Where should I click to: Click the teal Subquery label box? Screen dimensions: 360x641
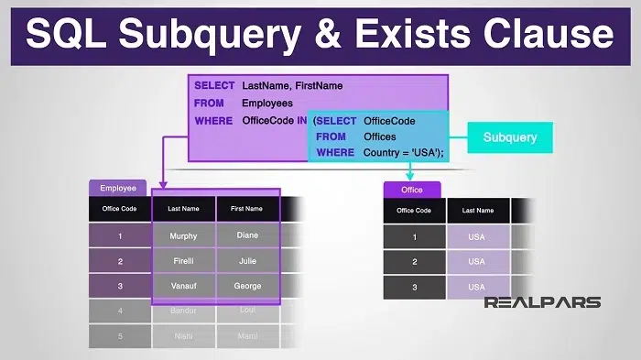[x=510, y=138]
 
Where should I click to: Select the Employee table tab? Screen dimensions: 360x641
[x=117, y=188]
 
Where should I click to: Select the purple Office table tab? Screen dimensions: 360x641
[x=412, y=190]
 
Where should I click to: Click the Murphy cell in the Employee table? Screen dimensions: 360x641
[x=183, y=235]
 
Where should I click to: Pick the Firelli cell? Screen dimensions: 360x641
[x=183, y=261]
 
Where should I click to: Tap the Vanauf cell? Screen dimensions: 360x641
[x=183, y=286]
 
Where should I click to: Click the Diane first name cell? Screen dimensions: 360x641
[x=246, y=235]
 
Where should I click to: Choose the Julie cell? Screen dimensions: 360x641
[x=246, y=261]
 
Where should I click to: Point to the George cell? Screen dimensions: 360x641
[x=246, y=286]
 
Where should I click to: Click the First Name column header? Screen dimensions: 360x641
[x=246, y=209]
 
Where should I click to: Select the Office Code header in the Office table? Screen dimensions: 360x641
[x=413, y=211]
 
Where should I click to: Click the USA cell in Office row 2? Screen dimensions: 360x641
[x=477, y=262]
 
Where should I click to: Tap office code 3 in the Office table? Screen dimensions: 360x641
[x=413, y=287]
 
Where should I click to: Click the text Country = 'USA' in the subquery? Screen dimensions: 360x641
[x=403, y=153]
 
